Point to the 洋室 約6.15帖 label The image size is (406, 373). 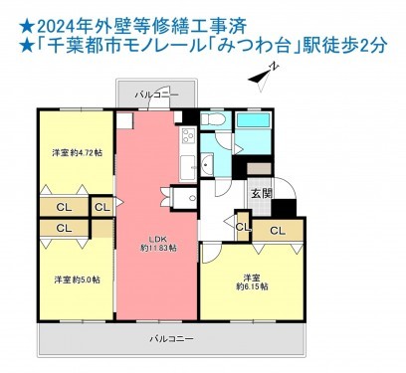tap(251, 280)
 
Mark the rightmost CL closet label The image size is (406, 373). tap(277, 232)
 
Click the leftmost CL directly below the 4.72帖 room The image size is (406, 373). tap(62, 207)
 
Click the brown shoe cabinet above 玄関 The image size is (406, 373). tap(260, 168)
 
